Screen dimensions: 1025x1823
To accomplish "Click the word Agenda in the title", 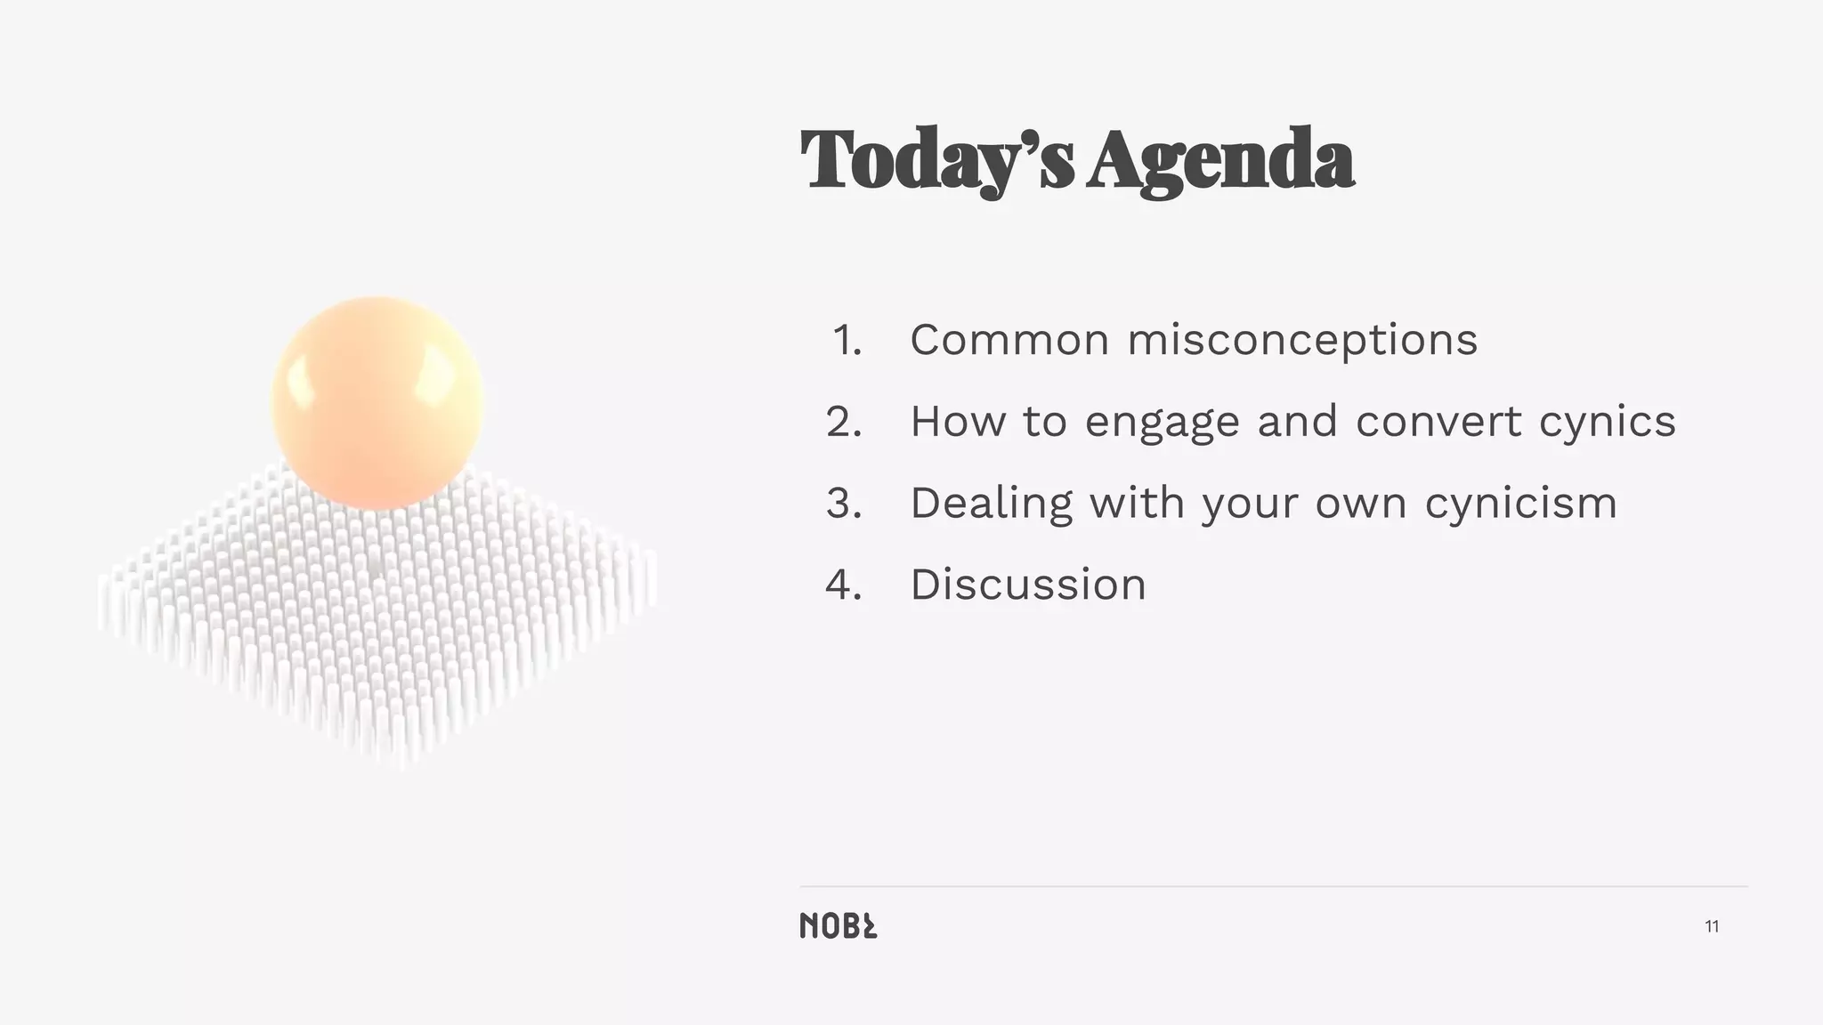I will [1220, 160].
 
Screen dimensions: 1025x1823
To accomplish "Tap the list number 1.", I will [847, 340].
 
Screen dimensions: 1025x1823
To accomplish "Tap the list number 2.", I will [844, 422].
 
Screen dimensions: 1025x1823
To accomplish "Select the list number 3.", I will [844, 504].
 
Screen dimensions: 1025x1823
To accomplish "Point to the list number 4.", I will [844, 585].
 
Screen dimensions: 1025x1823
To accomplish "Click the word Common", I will [1009, 340].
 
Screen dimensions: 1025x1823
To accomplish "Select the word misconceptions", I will [1302, 340].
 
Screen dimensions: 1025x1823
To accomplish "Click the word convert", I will [1438, 422].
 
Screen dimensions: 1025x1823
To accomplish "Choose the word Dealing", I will [991, 504].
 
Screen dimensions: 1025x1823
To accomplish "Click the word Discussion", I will [1028, 585].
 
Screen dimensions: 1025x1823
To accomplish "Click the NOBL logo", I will [838, 926].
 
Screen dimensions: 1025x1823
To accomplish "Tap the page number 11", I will [1712, 927].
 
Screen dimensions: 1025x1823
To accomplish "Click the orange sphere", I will [377, 402].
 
